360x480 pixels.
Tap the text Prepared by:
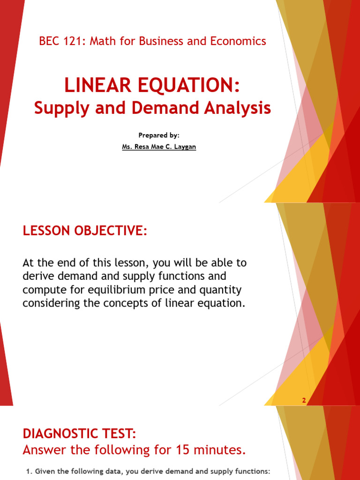(159, 135)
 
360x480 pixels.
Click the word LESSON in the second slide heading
(46, 231)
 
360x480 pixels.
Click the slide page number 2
(304, 400)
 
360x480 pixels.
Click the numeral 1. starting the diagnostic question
(27, 471)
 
